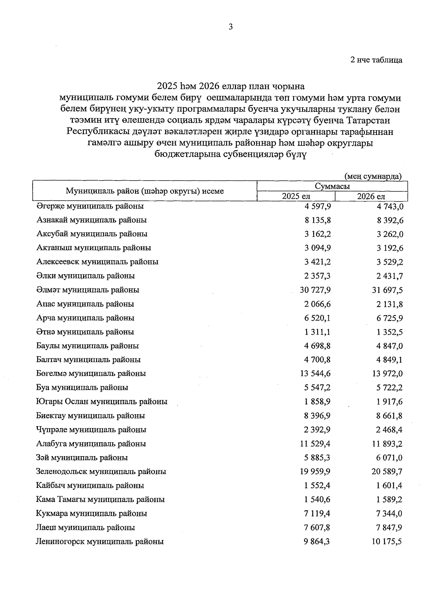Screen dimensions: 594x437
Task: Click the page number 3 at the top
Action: click(230, 27)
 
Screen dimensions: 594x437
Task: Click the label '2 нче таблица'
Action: click(376, 60)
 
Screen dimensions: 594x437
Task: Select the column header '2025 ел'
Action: click(296, 196)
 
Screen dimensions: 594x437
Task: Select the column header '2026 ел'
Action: click(371, 196)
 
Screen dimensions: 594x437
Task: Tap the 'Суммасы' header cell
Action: click(332, 186)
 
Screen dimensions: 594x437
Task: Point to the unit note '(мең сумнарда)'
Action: click(373, 176)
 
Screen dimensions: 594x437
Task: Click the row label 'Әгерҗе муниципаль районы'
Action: click(90, 206)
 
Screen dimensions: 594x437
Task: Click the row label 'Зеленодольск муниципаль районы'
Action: click(101, 471)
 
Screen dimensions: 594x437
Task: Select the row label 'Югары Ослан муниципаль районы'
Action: click(102, 401)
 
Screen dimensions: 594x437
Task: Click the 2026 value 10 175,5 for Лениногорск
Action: click(387, 541)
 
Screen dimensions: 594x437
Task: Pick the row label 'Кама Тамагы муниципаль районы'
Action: click(100, 499)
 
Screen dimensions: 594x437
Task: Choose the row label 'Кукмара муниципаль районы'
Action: click(91, 513)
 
